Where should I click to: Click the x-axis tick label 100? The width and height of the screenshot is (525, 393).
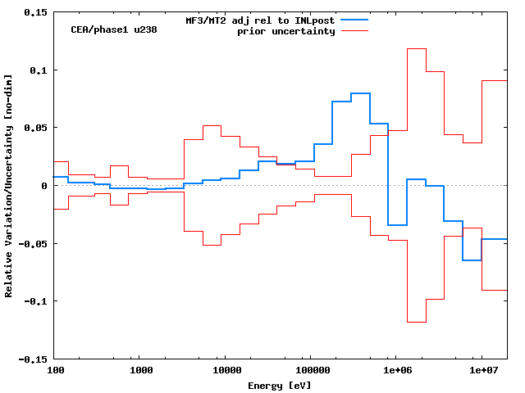coord(55,371)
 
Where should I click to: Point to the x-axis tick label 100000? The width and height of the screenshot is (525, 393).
coord(310,371)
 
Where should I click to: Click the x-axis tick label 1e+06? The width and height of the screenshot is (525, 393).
coord(395,371)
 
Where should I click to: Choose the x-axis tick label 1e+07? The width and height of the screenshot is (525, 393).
coord(481,371)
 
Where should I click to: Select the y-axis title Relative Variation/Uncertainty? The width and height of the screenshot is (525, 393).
coord(9,185)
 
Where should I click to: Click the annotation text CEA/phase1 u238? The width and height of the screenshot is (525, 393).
coord(114,29)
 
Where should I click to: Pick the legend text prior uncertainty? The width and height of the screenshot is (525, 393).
coord(285,31)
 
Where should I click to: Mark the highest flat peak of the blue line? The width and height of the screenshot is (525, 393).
coord(360,94)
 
